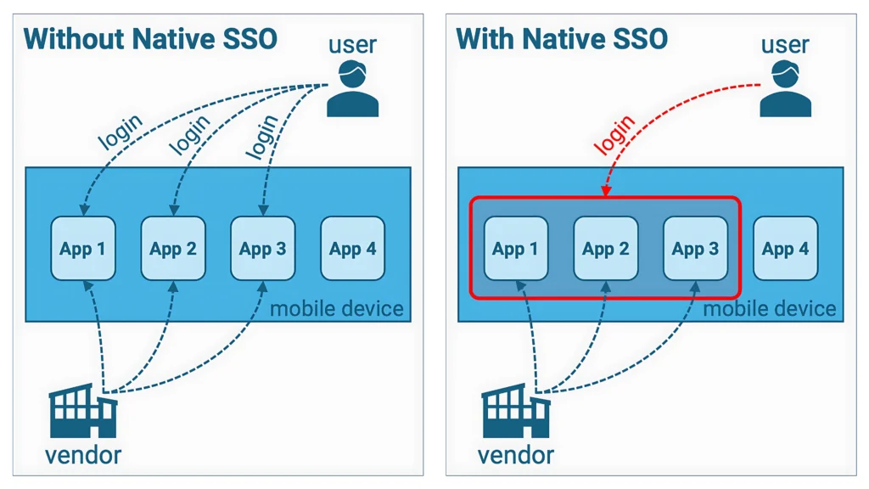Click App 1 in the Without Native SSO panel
click(x=83, y=249)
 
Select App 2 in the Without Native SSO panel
click(x=173, y=249)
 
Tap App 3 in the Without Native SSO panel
click(x=263, y=249)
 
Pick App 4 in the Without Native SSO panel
click(x=352, y=249)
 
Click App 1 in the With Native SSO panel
click(x=516, y=249)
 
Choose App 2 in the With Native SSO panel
click(x=606, y=249)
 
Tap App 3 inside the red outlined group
click(x=695, y=249)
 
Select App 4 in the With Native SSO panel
click(x=785, y=249)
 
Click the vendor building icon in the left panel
click(x=83, y=411)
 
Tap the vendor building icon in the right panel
click(x=516, y=411)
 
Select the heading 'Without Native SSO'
click(x=150, y=38)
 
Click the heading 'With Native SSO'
click(x=562, y=38)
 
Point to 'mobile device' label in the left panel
click(x=337, y=307)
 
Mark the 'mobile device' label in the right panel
click(x=770, y=308)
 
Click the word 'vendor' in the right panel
click(x=516, y=455)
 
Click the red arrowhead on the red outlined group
click(x=606, y=193)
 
